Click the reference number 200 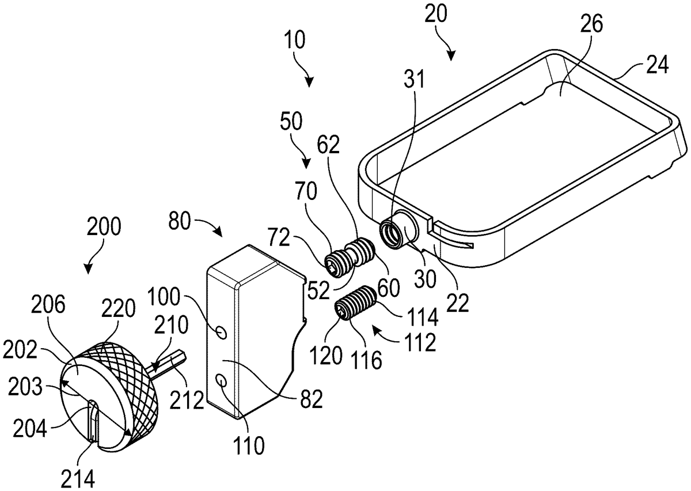104,228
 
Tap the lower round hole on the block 222,381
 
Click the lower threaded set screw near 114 354,303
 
